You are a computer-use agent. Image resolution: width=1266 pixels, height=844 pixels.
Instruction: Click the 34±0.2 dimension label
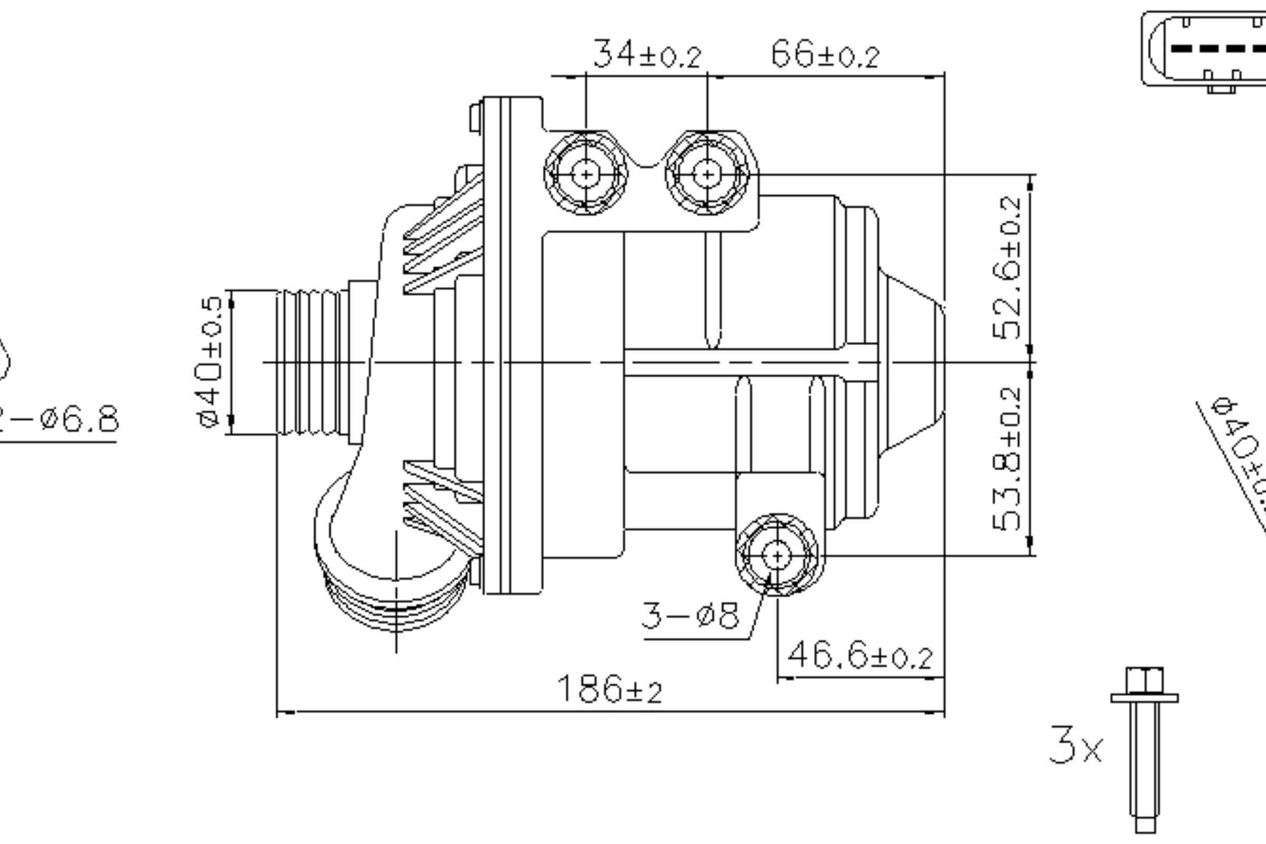[x=648, y=55]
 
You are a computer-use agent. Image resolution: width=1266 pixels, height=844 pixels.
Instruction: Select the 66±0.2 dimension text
[x=825, y=55]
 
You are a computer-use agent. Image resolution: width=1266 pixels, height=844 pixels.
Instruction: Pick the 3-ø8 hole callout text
[x=690, y=615]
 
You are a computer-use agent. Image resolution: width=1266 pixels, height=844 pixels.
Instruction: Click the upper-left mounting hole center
[x=586, y=175]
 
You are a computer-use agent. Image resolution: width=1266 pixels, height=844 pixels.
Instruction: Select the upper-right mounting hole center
[x=707, y=175]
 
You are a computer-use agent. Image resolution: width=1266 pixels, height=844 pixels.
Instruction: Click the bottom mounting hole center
[x=776, y=556]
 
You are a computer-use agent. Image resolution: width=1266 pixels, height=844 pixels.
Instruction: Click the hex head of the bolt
[x=1144, y=680]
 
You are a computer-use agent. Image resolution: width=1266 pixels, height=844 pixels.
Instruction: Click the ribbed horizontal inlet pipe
[x=312, y=362]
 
